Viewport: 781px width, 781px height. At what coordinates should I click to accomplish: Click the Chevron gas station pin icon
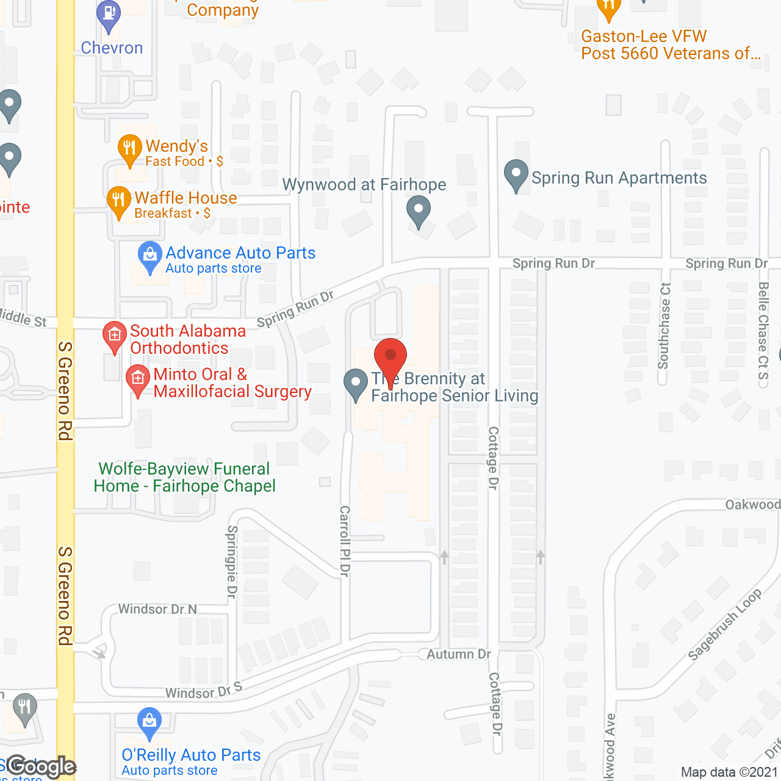pos(109,15)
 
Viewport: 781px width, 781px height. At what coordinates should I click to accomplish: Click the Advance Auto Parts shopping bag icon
pos(149,257)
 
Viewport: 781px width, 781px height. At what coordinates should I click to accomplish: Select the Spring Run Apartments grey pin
pos(516,176)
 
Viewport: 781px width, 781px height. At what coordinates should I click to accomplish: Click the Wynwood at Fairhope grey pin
pos(419,211)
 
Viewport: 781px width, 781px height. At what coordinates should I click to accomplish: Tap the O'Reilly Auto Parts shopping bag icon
pos(149,724)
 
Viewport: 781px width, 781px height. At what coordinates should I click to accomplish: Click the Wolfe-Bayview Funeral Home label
pos(184,477)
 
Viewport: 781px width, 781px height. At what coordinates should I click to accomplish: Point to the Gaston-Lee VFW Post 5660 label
pos(671,45)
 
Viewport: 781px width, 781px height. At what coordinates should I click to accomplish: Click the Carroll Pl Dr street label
pos(345,541)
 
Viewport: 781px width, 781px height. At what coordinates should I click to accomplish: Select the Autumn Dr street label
pos(459,654)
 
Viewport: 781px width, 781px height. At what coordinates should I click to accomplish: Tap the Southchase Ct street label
pos(664,326)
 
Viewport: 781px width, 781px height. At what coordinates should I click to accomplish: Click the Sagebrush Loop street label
pos(724,624)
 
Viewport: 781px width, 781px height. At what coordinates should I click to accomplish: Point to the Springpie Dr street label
pos(232,561)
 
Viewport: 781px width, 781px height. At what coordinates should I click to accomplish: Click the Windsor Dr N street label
pos(157,609)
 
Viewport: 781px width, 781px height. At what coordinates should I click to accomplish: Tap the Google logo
pos(41,766)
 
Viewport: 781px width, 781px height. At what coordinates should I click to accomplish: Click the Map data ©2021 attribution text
pos(730,772)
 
